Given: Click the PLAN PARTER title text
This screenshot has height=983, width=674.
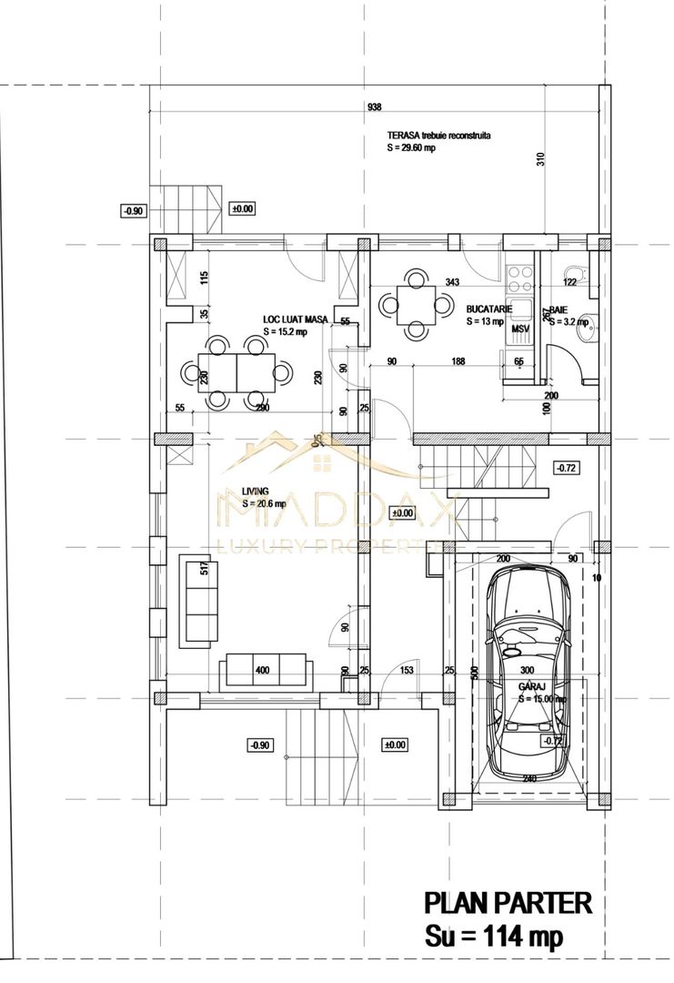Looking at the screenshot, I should pos(508,904).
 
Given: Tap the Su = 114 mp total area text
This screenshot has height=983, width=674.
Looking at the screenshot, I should pos(494,935).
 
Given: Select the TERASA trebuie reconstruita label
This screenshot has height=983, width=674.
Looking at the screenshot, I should pos(439,134).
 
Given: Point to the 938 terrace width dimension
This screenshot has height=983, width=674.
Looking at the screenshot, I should pos(374,107).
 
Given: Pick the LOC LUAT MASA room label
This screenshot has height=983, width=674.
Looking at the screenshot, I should pos(296,319).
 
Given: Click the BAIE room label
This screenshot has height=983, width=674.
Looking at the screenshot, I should pos(557,309).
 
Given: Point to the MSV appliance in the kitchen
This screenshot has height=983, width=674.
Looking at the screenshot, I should pos(519,329).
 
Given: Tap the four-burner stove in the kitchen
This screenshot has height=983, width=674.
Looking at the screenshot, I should pos(521,273).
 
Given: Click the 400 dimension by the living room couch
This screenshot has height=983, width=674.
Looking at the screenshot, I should pos(262,672).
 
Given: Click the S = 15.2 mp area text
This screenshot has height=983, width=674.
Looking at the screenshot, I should pos(285,332).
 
